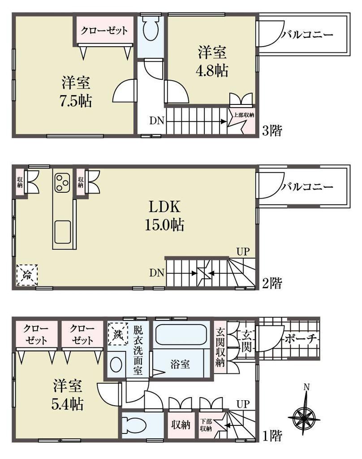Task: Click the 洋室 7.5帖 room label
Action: click(76, 92)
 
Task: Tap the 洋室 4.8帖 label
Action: click(212, 61)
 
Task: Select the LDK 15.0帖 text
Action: click(164, 216)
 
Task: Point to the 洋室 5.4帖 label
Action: click(68, 395)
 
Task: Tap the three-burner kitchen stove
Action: click(62, 183)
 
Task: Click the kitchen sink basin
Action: click(62, 232)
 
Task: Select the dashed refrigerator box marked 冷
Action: click(27, 275)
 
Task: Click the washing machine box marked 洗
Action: click(118, 333)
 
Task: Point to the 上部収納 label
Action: click(243, 115)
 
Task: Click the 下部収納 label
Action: click(206, 425)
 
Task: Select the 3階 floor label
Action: click(272, 130)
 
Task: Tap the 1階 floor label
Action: click(272, 436)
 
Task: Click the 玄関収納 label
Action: click(220, 347)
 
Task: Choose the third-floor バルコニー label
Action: click(307, 34)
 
